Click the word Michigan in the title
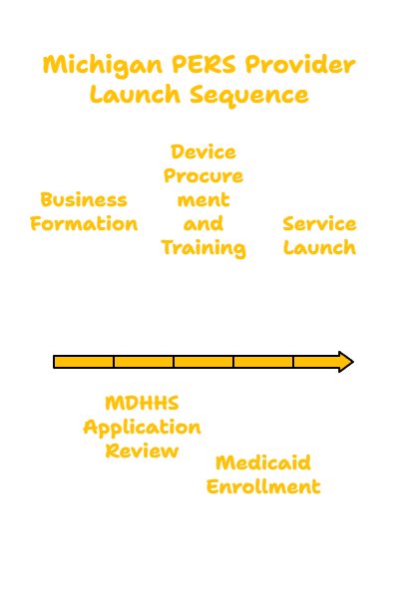click(102, 65)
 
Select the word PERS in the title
click(203, 64)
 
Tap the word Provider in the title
click(300, 64)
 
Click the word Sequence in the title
click(249, 96)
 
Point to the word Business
click(84, 199)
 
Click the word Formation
click(84, 223)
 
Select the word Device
click(203, 152)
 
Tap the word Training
click(203, 248)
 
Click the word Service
click(319, 223)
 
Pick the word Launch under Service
click(319, 247)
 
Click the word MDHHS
click(142, 403)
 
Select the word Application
click(142, 428)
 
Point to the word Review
click(142, 451)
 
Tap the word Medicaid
click(263, 462)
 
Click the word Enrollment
click(263, 486)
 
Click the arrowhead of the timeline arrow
click(345, 362)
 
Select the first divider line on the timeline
click(114, 362)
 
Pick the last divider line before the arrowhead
click(293, 362)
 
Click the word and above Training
click(203, 223)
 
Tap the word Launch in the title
click(135, 95)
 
